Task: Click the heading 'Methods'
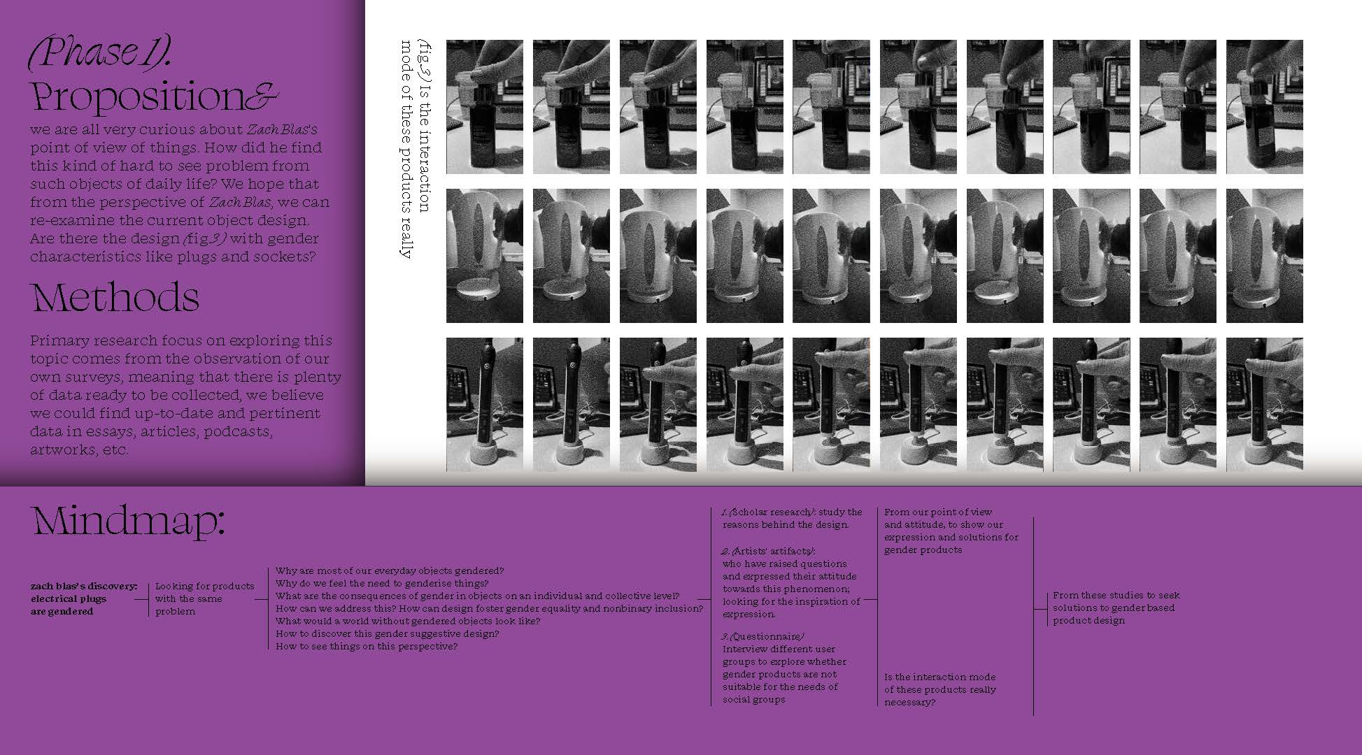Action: point(115,297)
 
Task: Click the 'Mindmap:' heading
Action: point(129,522)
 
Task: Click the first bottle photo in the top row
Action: point(485,107)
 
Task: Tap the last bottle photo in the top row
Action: point(1264,107)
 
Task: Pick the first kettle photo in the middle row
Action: point(485,256)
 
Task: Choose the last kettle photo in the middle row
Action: point(1264,256)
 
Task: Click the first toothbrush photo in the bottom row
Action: point(485,405)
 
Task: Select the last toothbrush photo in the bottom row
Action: point(1264,405)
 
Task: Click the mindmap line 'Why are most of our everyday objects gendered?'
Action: point(390,571)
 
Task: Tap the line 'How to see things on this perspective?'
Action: point(367,647)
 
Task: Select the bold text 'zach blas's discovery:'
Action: point(84,587)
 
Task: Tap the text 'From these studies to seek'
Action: point(1116,596)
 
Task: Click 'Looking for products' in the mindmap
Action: point(205,587)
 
